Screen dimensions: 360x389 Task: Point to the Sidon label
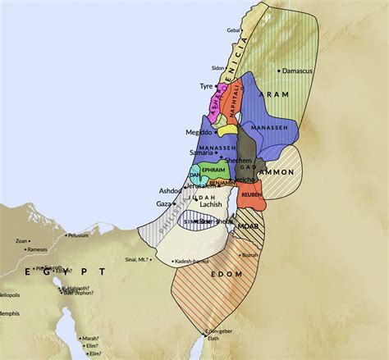tap(217, 68)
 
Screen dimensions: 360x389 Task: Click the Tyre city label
tap(205, 86)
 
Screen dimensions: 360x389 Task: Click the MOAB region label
tap(247, 224)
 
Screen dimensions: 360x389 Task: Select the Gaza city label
tap(164, 203)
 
